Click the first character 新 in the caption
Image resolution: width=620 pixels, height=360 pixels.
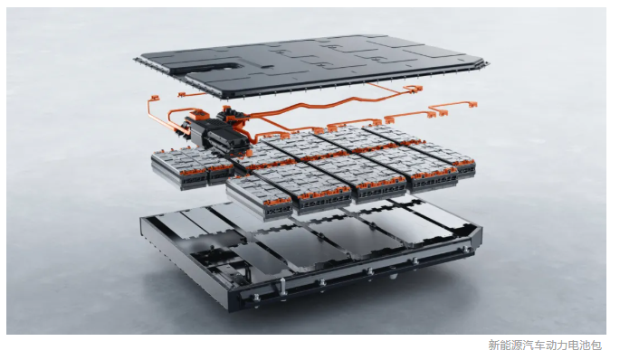(493, 346)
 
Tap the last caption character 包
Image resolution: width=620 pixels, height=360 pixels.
(596, 346)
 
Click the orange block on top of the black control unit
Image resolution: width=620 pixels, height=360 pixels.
(199, 115)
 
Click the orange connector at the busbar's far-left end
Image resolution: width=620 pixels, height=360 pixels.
(155, 98)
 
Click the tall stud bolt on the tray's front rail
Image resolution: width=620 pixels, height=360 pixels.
(282, 288)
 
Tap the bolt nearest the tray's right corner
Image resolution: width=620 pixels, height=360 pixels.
(466, 250)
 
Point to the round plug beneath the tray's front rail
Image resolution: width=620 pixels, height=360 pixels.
(393, 276)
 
